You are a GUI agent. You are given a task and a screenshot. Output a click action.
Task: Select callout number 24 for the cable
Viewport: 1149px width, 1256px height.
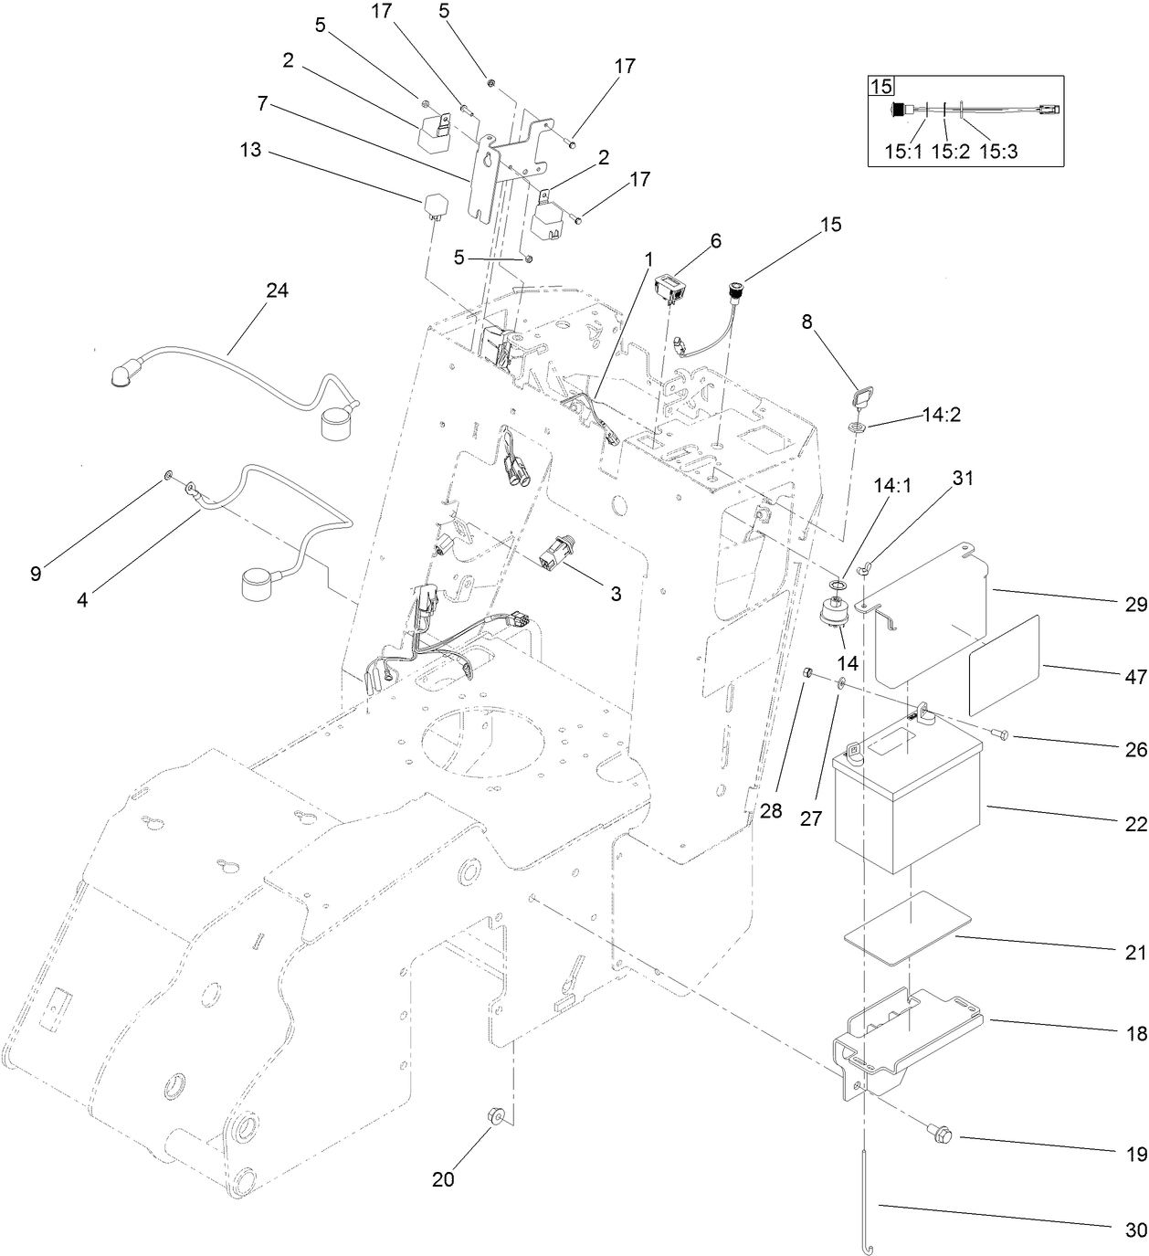pyautogui.click(x=277, y=290)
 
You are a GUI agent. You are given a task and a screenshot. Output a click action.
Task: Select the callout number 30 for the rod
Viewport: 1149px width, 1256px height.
pyautogui.click(x=1135, y=1230)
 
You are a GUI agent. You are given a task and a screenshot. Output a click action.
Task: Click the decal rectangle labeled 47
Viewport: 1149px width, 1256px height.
pyautogui.click(x=1005, y=665)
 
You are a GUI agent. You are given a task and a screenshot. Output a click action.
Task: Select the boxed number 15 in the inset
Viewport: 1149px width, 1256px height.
pyautogui.click(x=880, y=87)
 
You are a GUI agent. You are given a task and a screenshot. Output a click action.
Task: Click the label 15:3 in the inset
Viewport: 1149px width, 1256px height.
pyautogui.click(x=997, y=152)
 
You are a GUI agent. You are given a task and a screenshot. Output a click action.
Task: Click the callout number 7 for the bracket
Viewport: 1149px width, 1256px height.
pyautogui.click(x=262, y=104)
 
